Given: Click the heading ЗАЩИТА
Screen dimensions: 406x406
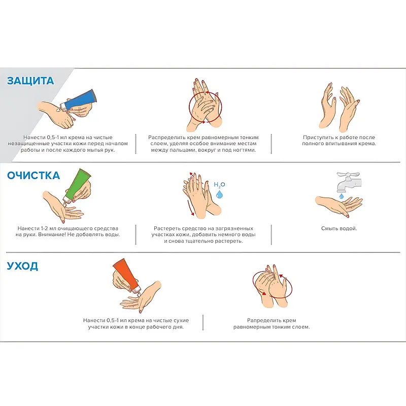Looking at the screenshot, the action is tap(30, 81).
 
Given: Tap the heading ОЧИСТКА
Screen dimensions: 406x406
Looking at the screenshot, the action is tap(33, 176).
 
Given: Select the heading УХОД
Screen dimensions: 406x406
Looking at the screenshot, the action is tap(22, 266).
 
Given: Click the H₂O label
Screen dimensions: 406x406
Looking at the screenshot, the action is tap(219, 185).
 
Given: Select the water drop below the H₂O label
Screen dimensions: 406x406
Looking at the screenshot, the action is tap(219, 194).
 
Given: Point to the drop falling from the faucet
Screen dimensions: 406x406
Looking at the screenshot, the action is tap(342, 196).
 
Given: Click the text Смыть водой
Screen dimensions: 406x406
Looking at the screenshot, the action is tap(339, 228).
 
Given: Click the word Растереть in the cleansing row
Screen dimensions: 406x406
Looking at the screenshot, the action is tap(166, 229).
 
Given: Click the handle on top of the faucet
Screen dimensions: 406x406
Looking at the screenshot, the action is tap(348, 174).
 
